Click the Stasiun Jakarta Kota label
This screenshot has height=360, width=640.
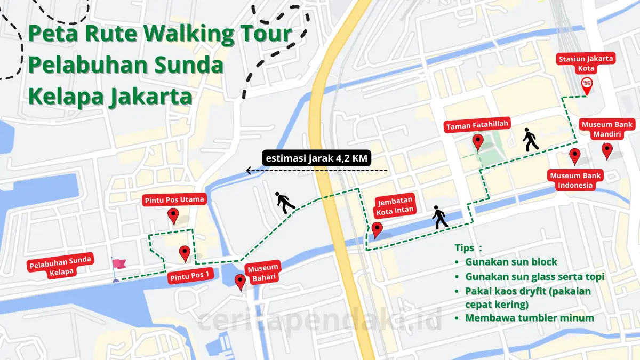[586, 63]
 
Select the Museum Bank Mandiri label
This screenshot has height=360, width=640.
[607, 130]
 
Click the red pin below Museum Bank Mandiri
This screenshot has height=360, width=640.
[607, 150]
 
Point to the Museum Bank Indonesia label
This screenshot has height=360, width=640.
[575, 180]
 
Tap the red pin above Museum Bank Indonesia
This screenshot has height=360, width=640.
[574, 156]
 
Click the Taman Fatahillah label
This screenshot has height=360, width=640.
[478, 126]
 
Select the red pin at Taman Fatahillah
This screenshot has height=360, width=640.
[478, 142]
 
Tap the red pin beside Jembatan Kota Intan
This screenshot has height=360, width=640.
[377, 229]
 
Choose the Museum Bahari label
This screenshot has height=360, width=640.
[262, 273]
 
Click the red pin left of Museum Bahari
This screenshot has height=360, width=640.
[240, 281]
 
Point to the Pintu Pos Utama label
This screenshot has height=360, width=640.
[173, 200]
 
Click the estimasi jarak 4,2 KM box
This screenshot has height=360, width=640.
[316, 158]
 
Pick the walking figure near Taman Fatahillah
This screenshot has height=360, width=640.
[530, 139]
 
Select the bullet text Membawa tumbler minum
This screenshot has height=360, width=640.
[529, 318]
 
